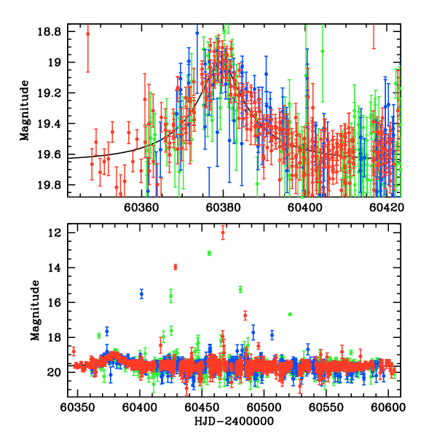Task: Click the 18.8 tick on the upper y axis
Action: pos(52,33)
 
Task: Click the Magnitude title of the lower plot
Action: pos(34,312)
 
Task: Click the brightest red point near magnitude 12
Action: pos(223,233)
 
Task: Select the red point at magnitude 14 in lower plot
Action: pos(176,267)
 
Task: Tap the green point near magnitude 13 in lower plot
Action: pos(209,253)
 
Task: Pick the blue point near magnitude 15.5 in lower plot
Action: pos(141,294)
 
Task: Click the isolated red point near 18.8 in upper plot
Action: pos(88,34)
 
